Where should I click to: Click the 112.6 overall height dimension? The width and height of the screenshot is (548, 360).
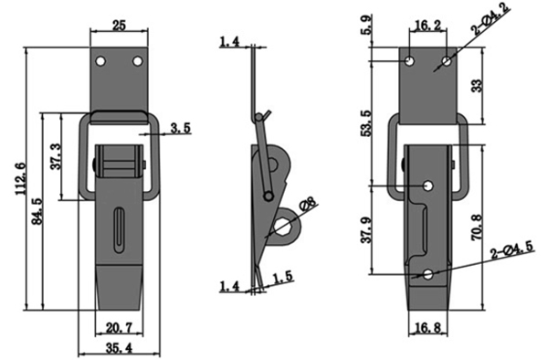21,179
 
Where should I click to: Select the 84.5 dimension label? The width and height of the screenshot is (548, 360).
37,211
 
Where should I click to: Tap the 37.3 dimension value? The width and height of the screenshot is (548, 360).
56,156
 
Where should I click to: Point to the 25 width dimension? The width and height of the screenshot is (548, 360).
119,26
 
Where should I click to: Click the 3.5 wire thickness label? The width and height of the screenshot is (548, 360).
181,128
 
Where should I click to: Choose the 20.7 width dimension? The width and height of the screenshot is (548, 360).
119,328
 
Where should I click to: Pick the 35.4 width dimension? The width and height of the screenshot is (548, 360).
119,348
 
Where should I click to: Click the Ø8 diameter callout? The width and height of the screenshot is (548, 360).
308,204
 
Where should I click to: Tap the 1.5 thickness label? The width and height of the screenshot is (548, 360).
282,277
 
